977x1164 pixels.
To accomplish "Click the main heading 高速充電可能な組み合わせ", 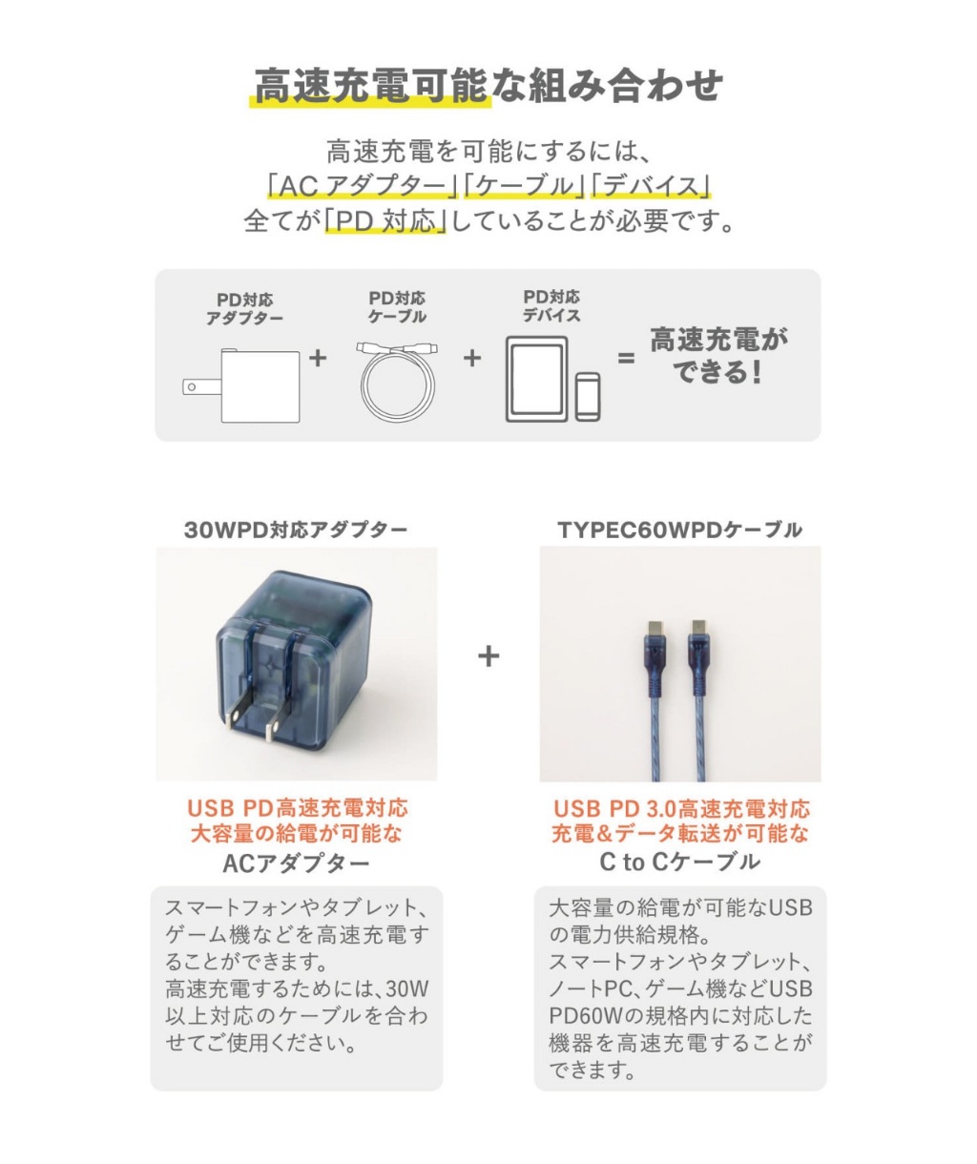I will coord(488,86).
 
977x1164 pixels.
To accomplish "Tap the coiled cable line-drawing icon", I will coord(399,382).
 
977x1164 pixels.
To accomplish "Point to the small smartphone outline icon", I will coord(588,396).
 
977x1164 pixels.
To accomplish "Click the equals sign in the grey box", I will coord(626,360).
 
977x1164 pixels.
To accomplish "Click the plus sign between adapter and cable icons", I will coord(318,359).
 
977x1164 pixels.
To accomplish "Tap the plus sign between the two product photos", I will coord(488,656).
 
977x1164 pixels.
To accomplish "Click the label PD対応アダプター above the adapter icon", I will coord(244,309).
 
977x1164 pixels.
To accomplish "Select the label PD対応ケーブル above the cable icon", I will coord(397,307).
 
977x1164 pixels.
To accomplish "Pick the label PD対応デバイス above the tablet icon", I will coord(551,306).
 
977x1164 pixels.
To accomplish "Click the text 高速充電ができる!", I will coord(718,356).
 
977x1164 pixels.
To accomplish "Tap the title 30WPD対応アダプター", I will coord(296,530).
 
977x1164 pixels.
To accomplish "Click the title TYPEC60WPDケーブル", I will coord(680,530).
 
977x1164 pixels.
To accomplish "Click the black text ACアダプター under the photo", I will coord(296,864).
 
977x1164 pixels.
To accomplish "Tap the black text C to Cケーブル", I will coord(679,863).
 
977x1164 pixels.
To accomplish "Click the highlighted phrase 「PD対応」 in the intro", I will coord(385,221).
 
